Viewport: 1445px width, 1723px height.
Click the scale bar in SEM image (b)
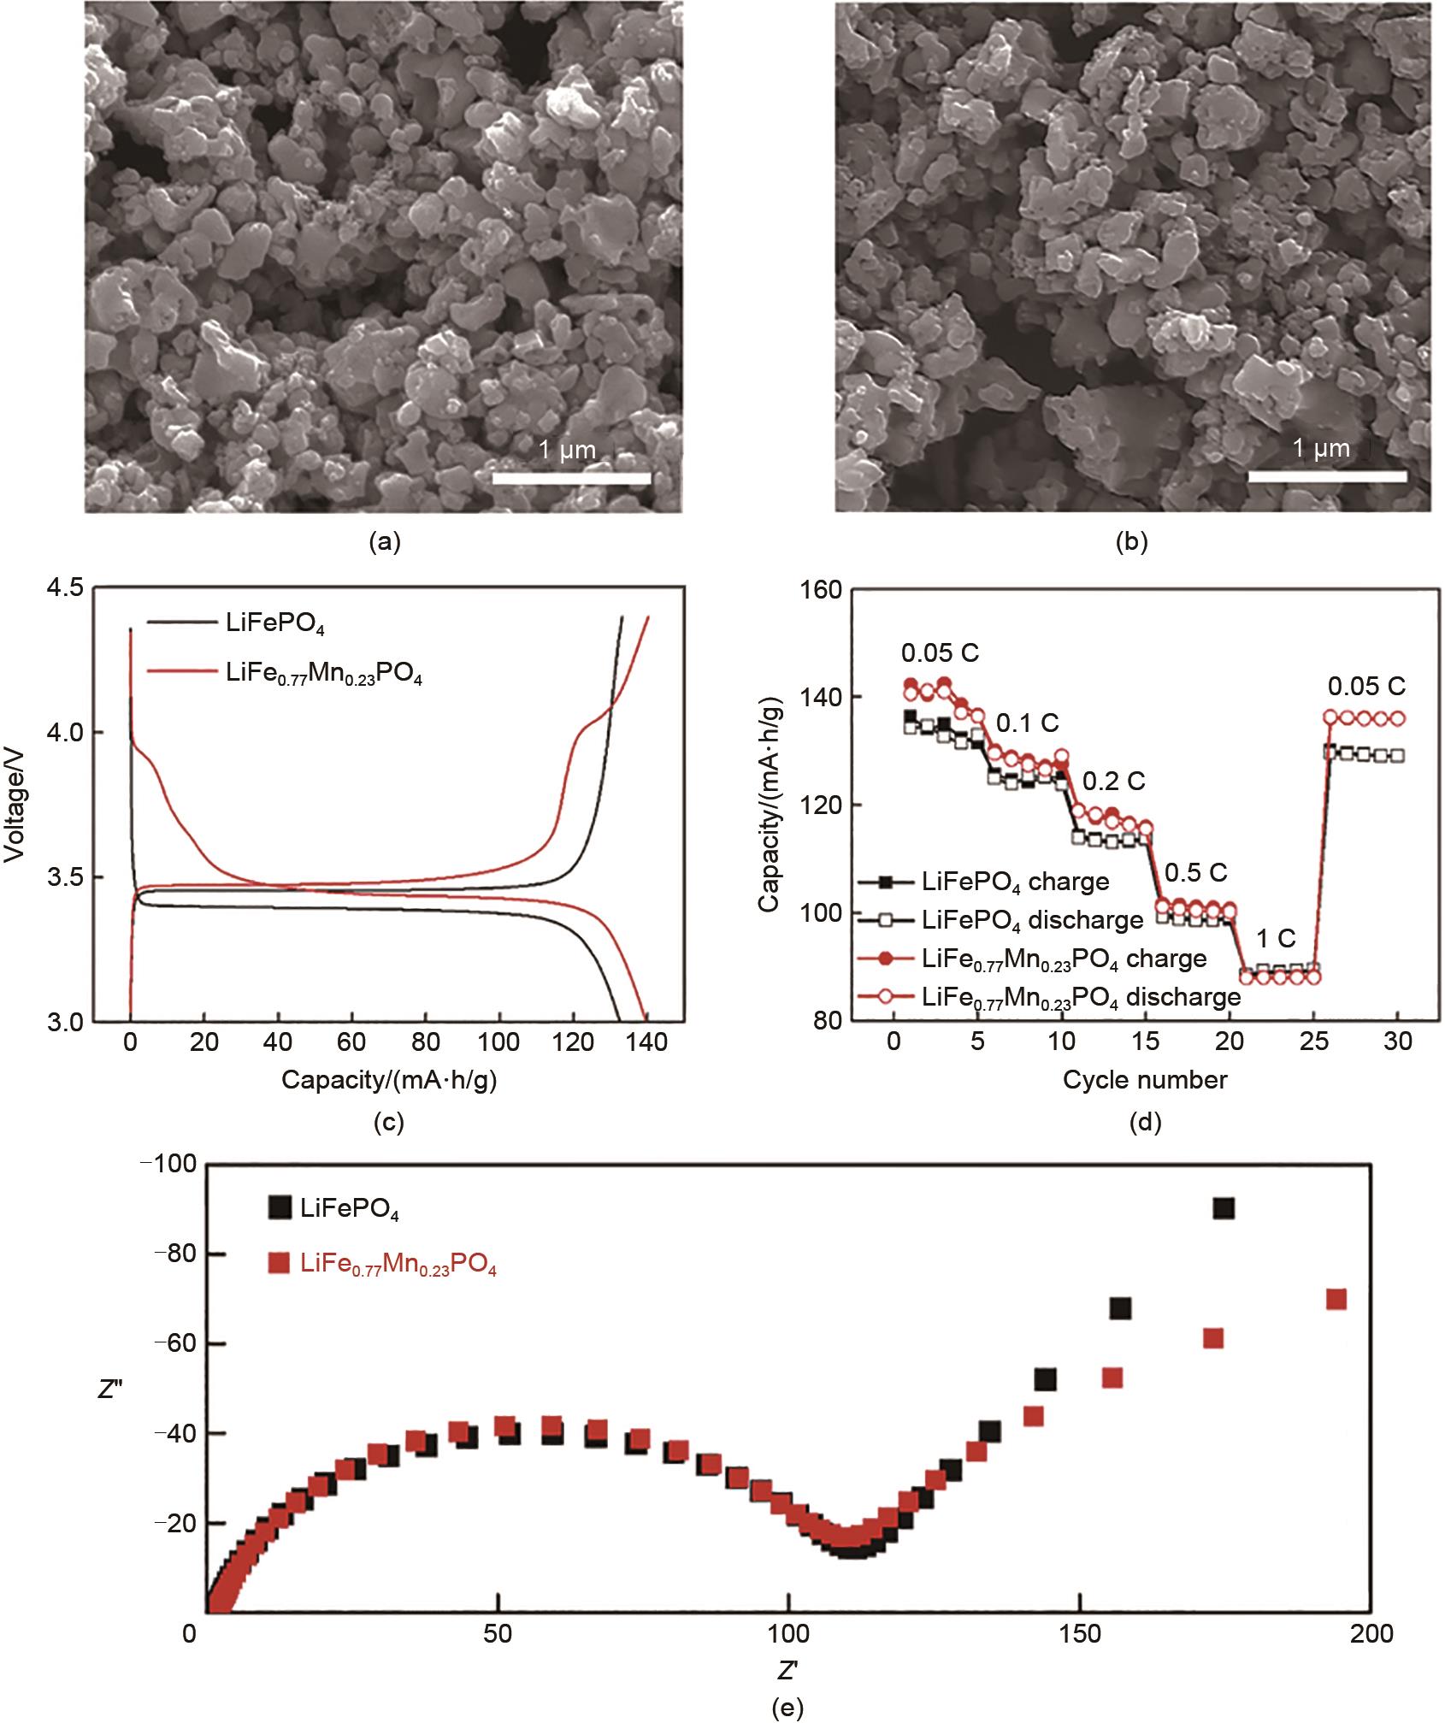(1327, 476)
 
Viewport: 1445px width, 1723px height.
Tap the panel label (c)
(389, 1121)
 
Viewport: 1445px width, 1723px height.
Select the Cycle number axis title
(1145, 1080)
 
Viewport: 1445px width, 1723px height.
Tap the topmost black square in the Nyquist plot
(1224, 1208)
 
